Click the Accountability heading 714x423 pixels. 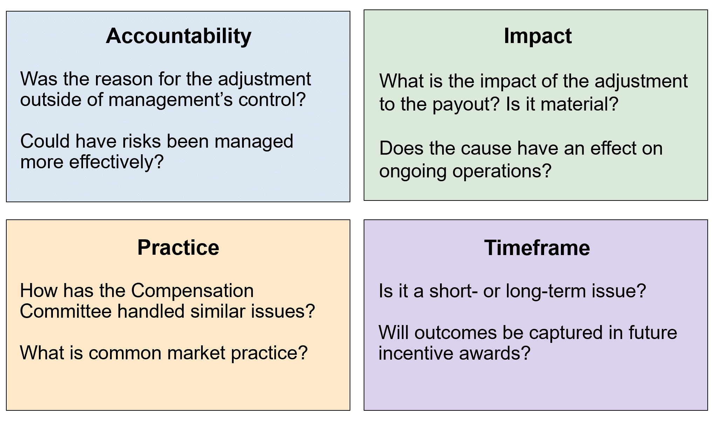point(178,36)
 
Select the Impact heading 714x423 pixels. point(537,36)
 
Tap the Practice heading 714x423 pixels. point(178,248)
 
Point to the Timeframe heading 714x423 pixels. point(537,248)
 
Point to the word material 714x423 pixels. point(576,104)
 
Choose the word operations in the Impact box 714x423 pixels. point(502,171)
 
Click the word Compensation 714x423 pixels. point(192,291)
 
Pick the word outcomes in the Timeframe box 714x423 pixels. point(455,332)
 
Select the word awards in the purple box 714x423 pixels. point(495,353)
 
